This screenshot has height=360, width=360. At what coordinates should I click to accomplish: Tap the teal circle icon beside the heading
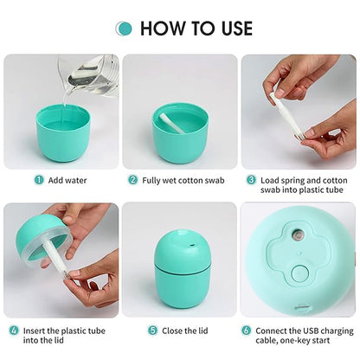coord(125,29)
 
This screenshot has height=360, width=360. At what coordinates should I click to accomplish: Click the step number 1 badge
coord(39,180)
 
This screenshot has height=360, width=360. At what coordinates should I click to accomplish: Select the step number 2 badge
coord(133,180)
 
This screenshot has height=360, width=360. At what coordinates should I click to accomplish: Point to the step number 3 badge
coord(251,180)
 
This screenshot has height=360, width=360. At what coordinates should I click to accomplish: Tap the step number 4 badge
coord(14,330)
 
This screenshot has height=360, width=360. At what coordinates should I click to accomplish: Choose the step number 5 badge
coord(151,330)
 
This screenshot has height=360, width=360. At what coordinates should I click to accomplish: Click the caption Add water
coord(67,180)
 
